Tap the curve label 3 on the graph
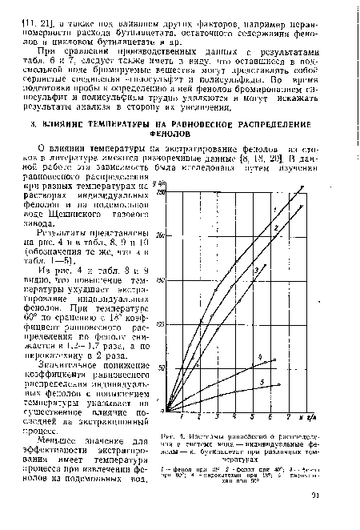coord(256,270)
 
